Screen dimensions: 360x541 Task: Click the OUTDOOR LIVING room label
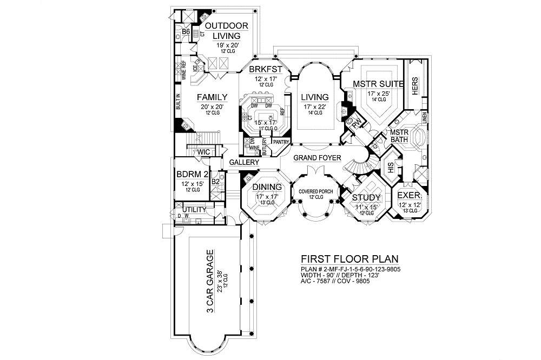point(227,31)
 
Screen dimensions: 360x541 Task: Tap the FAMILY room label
point(211,97)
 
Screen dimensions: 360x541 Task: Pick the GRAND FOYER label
point(318,158)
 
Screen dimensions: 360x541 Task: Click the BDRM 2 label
point(193,175)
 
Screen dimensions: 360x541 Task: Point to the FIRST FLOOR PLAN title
point(346,258)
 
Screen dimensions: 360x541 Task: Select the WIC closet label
point(203,152)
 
